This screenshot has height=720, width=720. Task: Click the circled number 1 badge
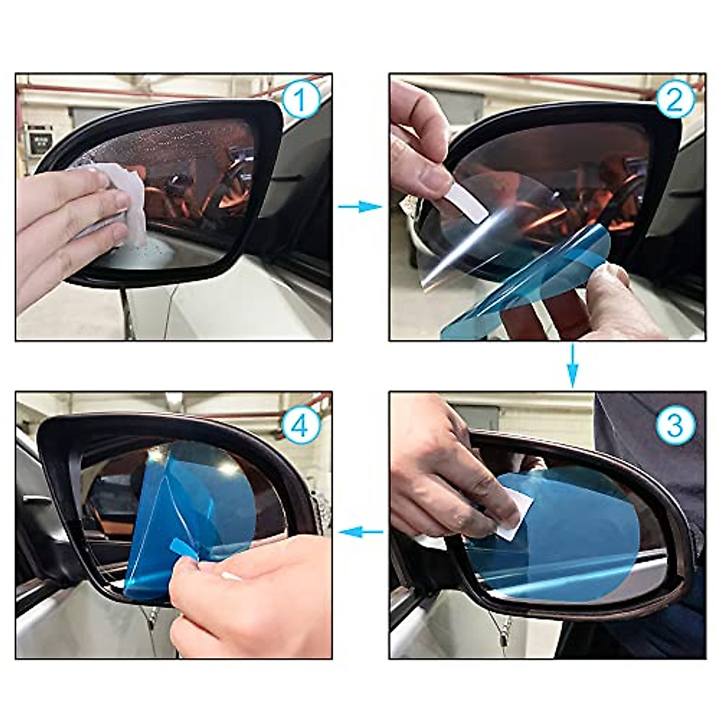301,100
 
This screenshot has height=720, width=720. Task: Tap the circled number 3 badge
675,424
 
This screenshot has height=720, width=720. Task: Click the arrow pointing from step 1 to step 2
359,207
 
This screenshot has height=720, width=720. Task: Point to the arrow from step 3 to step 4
361,531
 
